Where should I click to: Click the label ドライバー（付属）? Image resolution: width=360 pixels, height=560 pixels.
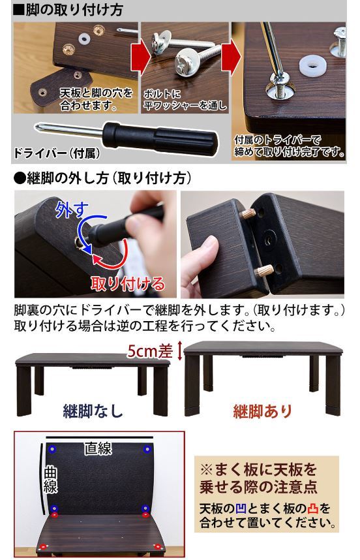(x=56, y=153)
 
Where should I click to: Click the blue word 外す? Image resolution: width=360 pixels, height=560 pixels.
(x=71, y=210)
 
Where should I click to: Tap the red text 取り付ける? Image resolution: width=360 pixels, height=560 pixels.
(x=128, y=283)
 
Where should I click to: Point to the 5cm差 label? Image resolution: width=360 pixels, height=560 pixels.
(x=150, y=351)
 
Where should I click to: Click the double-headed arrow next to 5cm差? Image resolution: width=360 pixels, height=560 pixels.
(x=179, y=350)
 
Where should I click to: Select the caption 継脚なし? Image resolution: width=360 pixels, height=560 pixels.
(x=93, y=411)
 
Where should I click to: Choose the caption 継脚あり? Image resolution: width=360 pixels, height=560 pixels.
(x=263, y=411)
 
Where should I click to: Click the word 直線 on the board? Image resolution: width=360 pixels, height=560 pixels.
(x=98, y=448)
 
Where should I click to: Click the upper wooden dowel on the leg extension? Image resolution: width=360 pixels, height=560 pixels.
(x=248, y=214)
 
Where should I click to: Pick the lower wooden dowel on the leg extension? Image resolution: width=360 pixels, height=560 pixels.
(x=265, y=270)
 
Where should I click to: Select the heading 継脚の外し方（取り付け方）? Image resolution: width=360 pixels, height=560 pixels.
(x=102, y=178)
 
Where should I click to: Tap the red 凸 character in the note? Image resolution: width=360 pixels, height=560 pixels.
(x=312, y=508)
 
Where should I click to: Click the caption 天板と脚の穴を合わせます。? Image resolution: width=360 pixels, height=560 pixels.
(x=97, y=99)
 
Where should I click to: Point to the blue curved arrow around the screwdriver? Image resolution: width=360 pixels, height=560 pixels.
(x=83, y=228)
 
